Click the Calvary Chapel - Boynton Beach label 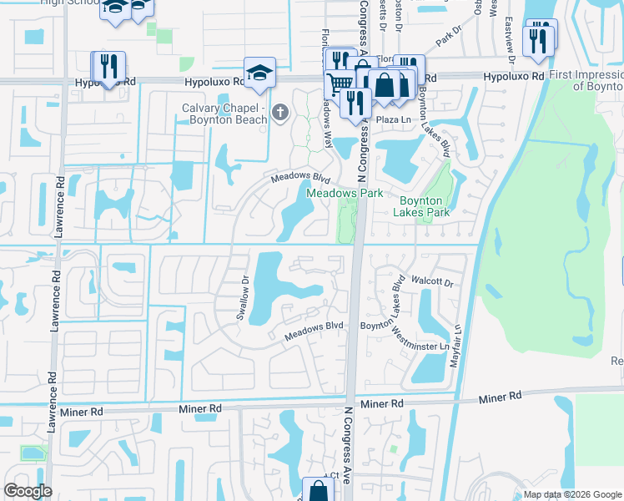pyautogui.click(x=224, y=114)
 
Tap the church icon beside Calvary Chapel pyautogui.click(x=280, y=111)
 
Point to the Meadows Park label pyautogui.click(x=345, y=193)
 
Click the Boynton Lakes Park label pyautogui.click(x=425, y=206)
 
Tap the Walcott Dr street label pyautogui.click(x=430, y=283)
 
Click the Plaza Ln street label pyautogui.click(x=389, y=120)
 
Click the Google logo pyautogui.click(x=28, y=491)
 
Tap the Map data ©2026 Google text pyautogui.click(x=572, y=494)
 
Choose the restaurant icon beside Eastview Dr pyautogui.click(x=538, y=40)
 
